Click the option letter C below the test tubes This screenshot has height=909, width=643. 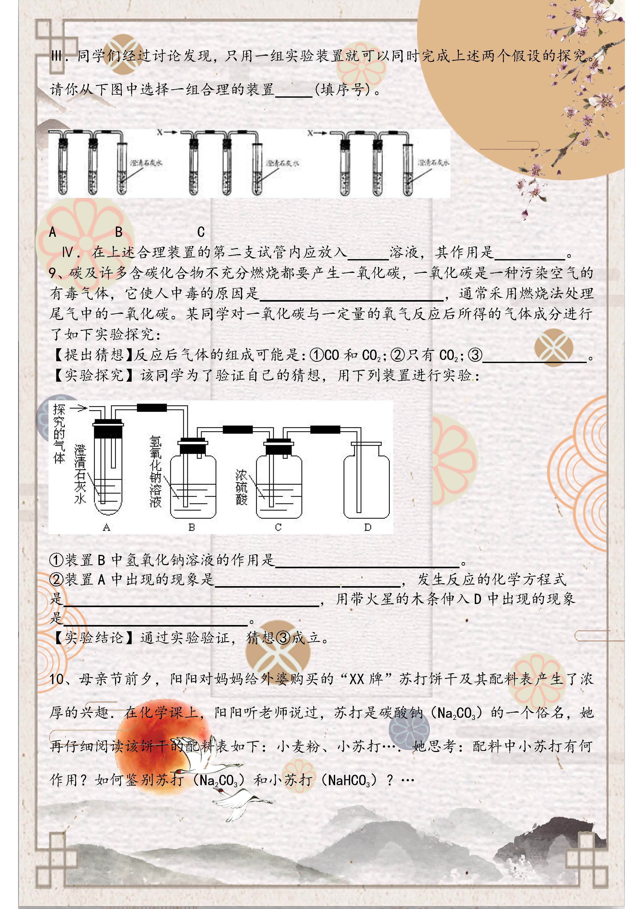click(201, 232)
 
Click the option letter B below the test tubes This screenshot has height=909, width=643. click(119, 232)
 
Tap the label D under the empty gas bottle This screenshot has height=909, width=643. click(368, 527)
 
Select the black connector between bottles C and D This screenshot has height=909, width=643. click(325, 430)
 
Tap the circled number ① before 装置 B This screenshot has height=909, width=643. click(56, 560)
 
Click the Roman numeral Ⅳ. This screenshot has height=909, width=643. click(68, 252)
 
